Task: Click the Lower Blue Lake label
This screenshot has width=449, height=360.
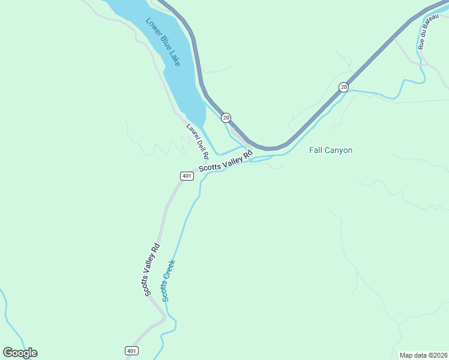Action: (163, 42)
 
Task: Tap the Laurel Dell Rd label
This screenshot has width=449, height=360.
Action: (197, 141)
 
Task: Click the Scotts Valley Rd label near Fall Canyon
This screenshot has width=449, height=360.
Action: (226, 158)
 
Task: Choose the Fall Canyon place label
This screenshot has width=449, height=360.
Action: (330, 150)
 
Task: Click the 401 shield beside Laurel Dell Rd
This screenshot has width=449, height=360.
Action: (186, 176)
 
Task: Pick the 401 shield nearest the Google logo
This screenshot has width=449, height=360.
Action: (132, 350)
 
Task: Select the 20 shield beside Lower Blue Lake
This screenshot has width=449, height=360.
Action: (226, 118)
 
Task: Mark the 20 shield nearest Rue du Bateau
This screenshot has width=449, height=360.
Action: (343, 88)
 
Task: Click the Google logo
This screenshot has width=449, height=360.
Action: (20, 353)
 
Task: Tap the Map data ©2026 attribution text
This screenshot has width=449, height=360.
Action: (423, 355)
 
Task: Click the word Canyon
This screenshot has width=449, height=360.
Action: (339, 150)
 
